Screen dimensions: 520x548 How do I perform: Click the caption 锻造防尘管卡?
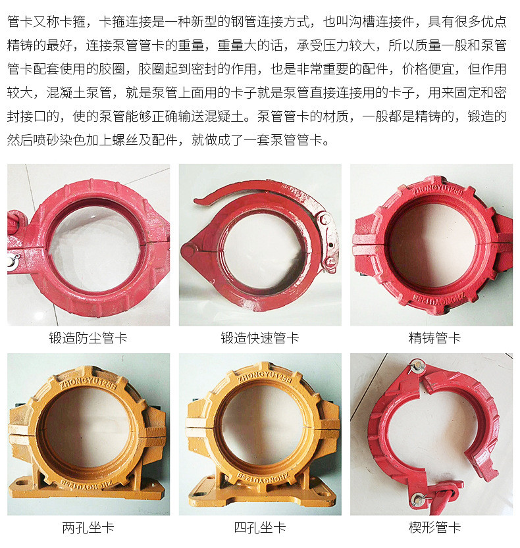point(88,338)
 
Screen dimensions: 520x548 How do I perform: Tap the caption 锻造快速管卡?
point(260,338)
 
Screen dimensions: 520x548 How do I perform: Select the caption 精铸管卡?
point(434,338)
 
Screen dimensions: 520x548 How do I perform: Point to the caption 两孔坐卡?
point(88,528)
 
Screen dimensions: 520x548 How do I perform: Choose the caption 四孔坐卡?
point(260,528)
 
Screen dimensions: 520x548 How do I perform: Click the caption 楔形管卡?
point(434,528)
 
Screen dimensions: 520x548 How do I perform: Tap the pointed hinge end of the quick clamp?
point(190,251)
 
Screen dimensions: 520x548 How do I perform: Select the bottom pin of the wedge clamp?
point(418,499)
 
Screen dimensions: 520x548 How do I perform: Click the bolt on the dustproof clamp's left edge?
point(13,261)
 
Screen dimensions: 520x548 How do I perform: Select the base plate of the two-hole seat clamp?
point(88,489)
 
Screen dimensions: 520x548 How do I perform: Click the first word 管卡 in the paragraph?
point(20,22)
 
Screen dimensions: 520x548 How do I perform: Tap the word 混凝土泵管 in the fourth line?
point(79,93)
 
